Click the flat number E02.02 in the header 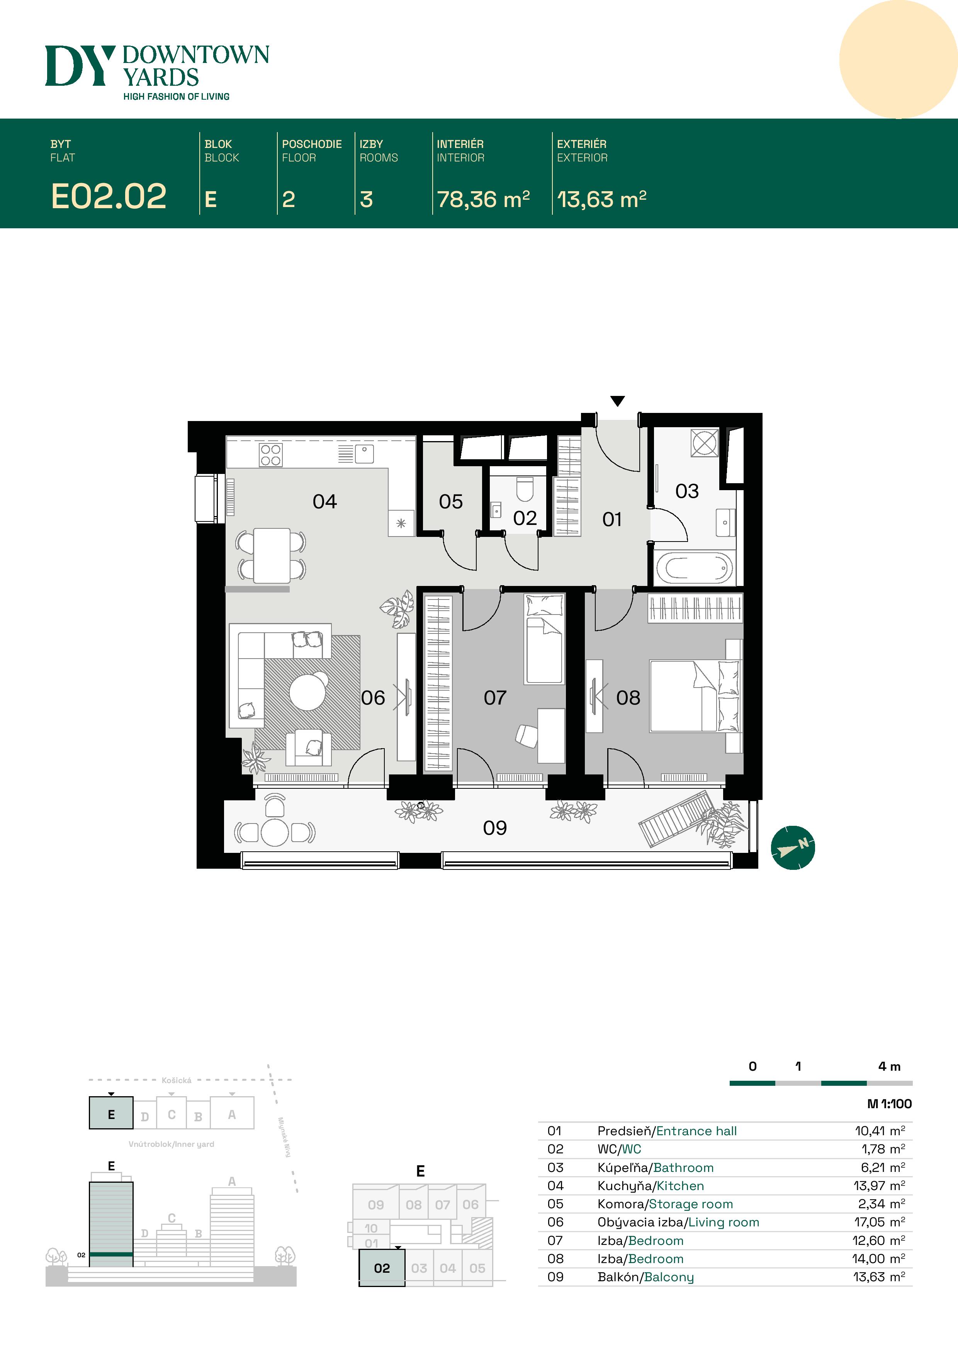click(109, 197)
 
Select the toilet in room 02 click(525, 488)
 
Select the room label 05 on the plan click(450, 502)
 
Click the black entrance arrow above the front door click(617, 401)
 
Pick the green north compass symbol click(793, 847)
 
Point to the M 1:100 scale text click(889, 1104)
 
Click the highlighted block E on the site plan click(111, 1115)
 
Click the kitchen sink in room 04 click(365, 453)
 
